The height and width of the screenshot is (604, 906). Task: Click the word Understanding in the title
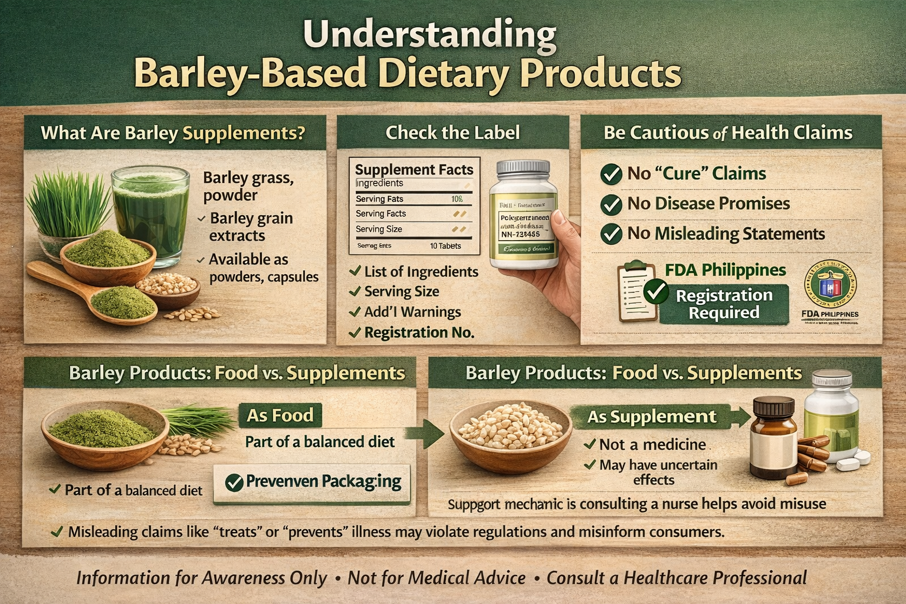click(429, 35)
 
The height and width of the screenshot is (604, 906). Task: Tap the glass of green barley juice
click(150, 209)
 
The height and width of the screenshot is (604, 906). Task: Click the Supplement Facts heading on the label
click(414, 169)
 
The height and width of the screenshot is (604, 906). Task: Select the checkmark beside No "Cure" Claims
click(611, 174)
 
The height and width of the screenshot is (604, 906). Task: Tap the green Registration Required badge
click(724, 304)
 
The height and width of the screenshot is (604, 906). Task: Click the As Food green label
click(280, 415)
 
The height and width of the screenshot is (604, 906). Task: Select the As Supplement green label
click(652, 416)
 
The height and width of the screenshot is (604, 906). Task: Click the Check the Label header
click(452, 132)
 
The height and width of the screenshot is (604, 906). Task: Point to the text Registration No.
click(419, 333)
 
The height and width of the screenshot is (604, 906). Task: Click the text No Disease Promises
click(708, 203)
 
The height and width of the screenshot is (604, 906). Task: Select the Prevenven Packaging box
click(312, 482)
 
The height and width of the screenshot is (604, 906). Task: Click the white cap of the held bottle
click(527, 170)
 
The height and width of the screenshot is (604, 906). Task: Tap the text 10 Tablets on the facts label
click(445, 246)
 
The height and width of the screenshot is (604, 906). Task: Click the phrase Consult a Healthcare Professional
click(677, 577)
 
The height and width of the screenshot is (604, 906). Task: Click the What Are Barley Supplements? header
click(173, 133)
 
